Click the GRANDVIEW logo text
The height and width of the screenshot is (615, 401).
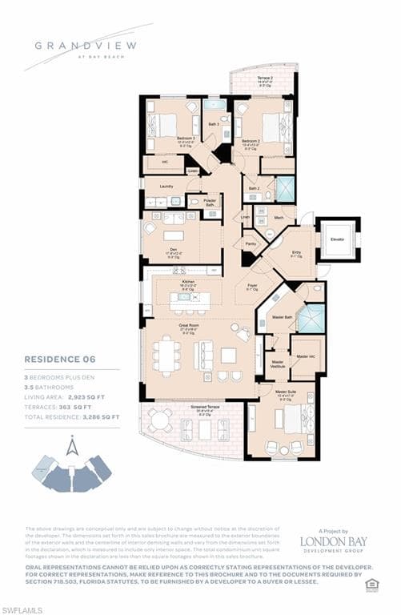(x=77, y=45)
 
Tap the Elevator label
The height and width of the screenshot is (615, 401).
(x=337, y=238)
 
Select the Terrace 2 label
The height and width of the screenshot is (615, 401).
(x=263, y=78)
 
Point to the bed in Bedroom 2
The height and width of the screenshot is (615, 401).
(x=274, y=126)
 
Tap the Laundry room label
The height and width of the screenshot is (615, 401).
(x=166, y=186)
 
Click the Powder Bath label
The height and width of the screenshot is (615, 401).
(x=210, y=203)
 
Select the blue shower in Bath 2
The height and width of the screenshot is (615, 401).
(x=285, y=188)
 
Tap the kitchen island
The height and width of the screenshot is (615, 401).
(x=190, y=300)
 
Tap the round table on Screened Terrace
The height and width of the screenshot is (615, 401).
(x=160, y=420)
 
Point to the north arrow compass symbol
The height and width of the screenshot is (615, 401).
(x=72, y=447)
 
